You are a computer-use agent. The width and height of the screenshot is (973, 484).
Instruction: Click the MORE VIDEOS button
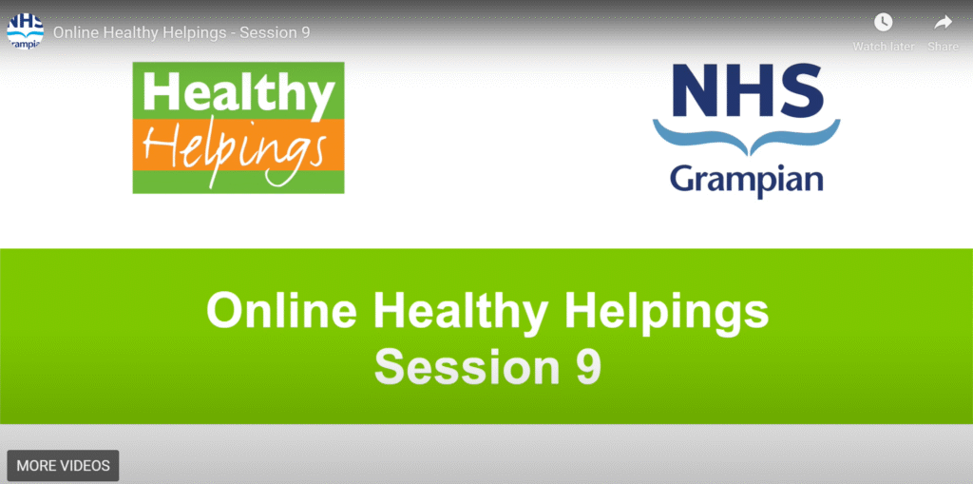(63, 465)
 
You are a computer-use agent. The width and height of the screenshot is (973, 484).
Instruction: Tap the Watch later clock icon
(883, 23)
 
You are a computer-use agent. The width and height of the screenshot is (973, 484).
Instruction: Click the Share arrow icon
(944, 23)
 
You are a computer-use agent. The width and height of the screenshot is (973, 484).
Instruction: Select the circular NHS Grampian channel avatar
(26, 31)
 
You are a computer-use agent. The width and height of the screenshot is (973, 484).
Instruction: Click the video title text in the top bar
(181, 32)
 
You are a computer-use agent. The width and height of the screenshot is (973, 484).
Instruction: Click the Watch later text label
(883, 47)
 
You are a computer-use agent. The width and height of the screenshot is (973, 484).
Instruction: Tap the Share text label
(944, 47)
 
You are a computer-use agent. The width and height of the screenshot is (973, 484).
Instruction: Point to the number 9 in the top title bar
(306, 32)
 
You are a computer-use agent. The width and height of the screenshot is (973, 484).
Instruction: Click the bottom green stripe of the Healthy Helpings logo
(238, 182)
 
